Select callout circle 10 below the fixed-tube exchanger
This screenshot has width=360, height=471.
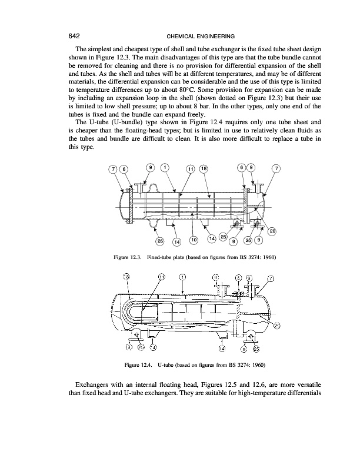pos(194,239)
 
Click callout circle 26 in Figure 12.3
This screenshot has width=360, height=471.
pos(159,240)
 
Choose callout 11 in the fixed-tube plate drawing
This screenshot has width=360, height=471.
pos(190,170)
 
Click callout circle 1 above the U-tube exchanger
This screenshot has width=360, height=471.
pos(183,278)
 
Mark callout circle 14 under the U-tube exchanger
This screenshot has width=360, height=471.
pos(222,348)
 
